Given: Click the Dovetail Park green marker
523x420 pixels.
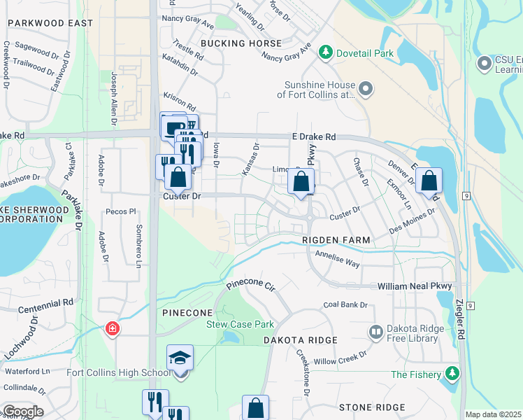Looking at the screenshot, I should (x=325, y=52).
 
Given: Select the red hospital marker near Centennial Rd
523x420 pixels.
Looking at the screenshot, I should (x=111, y=328).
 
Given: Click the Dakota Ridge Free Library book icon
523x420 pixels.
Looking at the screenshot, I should (x=375, y=332).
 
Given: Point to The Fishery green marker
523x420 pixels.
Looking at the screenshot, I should (x=454, y=374).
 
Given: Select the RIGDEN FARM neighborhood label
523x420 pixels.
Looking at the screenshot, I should (x=336, y=240).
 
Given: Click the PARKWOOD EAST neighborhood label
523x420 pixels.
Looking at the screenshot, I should (x=50, y=23).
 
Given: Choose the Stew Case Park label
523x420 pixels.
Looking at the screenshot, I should (x=240, y=324).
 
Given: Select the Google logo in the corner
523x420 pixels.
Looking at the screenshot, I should (x=22, y=412).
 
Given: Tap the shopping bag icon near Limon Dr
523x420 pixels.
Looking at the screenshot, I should (x=301, y=183).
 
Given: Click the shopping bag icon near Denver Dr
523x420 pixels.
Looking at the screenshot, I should (x=429, y=181).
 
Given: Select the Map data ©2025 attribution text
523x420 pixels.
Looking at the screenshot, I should (x=494, y=414).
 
